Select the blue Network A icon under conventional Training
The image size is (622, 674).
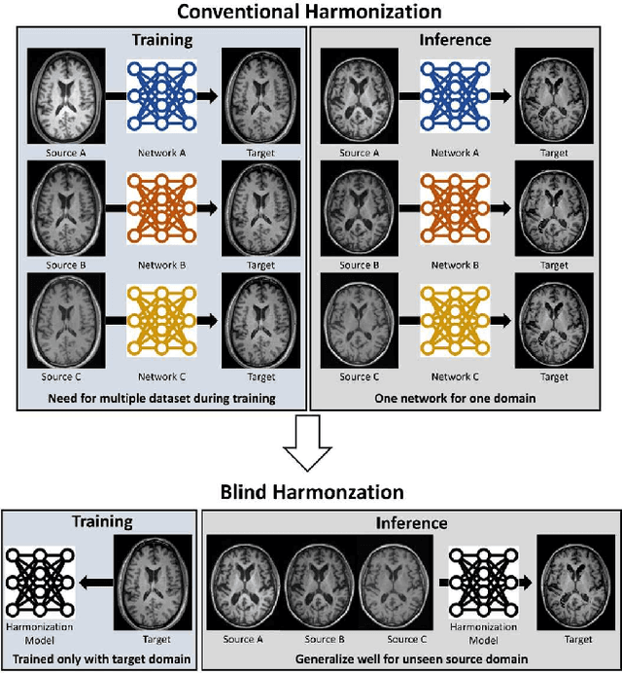(x=161, y=97)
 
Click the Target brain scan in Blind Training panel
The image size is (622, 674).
(x=149, y=581)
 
